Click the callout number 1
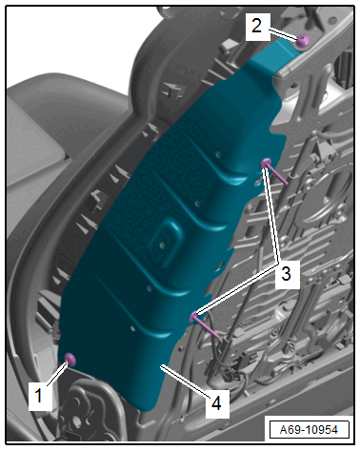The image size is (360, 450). pyautogui.click(x=39, y=396)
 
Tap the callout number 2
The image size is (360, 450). pyautogui.click(x=256, y=26)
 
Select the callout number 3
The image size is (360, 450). pyautogui.click(x=286, y=274)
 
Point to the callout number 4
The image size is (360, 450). pyautogui.click(x=217, y=403)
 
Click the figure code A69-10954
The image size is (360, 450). pyautogui.click(x=309, y=430)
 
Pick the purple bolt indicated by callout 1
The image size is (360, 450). pyautogui.click(x=70, y=360)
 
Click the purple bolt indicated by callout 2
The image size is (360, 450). pyautogui.click(x=303, y=42)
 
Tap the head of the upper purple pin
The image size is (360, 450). pyautogui.click(x=266, y=164)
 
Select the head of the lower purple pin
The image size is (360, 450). pyautogui.click(x=194, y=316)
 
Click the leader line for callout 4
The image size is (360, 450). pyautogui.click(x=186, y=382)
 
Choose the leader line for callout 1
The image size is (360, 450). pyautogui.click(x=57, y=375)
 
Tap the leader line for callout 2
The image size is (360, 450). pyautogui.click(x=284, y=34)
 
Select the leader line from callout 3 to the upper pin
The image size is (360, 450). pyautogui.click(x=272, y=216)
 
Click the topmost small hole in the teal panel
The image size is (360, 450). pyautogui.click(x=218, y=154)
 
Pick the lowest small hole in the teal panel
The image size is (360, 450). pyautogui.click(x=133, y=329)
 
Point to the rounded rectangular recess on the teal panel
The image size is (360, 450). pyautogui.click(x=166, y=243)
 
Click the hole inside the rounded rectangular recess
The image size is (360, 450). pyautogui.click(x=162, y=245)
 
